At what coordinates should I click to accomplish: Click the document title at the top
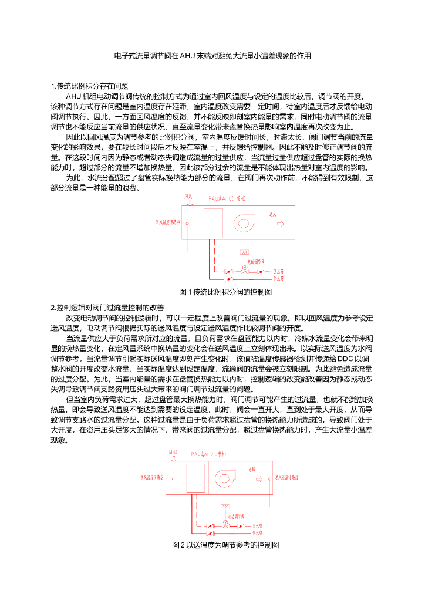pyautogui.click(x=212, y=56)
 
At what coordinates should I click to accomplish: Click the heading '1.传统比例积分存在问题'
pyautogui.click(x=90, y=86)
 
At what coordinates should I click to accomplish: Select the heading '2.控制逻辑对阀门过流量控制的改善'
pyautogui.click(x=107, y=308)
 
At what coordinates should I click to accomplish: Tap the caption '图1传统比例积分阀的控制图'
pyautogui.click(x=225, y=292)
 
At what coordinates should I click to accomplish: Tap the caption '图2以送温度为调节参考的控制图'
pyautogui.click(x=225, y=545)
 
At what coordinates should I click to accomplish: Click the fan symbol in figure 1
pyautogui.click(x=245, y=223)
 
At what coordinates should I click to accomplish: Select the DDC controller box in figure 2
pyautogui.click(x=225, y=505)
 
